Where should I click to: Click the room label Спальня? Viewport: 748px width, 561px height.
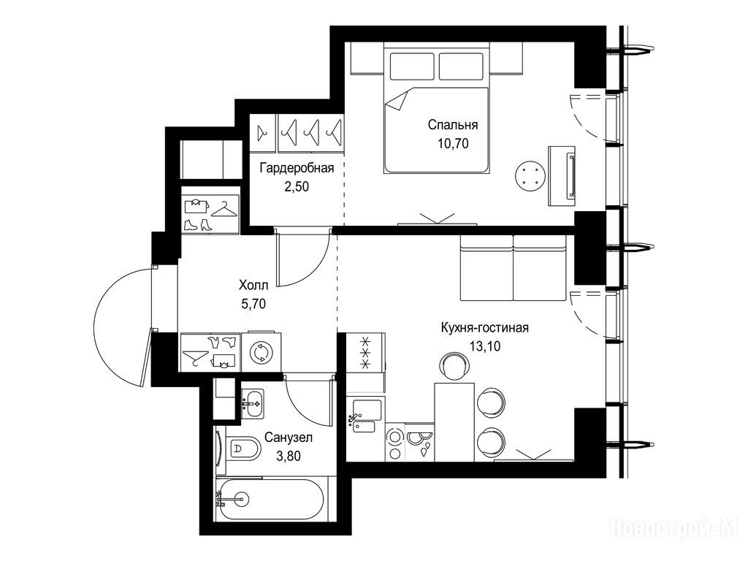[452, 125]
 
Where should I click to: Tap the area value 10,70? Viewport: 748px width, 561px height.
[453, 143]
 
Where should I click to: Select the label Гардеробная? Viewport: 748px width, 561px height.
[297, 168]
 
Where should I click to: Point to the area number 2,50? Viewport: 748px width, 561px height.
[297, 186]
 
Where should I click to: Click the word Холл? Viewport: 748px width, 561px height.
[253, 286]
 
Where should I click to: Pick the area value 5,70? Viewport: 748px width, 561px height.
[253, 304]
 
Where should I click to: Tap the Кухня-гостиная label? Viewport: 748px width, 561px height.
[485, 328]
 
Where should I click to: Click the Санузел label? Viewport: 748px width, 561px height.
[288, 438]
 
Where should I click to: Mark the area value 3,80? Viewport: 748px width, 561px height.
[288, 456]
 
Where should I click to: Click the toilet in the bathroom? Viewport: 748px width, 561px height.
[243, 449]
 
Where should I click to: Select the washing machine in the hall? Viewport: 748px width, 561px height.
[261, 351]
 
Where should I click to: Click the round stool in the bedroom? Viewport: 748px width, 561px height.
[530, 175]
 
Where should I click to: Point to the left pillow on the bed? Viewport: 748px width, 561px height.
[412, 66]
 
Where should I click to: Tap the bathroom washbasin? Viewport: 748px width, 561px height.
[252, 403]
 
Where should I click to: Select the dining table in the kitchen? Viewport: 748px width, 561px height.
[454, 421]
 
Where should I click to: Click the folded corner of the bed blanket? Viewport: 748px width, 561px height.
[395, 101]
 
